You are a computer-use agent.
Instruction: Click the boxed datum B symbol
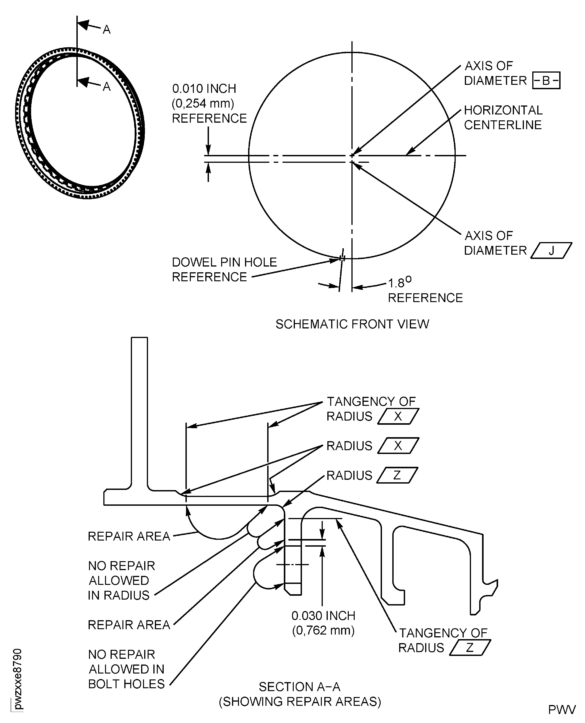[x=546, y=81]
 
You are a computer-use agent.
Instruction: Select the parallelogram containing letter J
[x=551, y=251]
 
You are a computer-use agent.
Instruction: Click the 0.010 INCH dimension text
[x=204, y=89]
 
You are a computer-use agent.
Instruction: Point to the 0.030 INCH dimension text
[x=323, y=616]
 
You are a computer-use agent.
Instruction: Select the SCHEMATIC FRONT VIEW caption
[x=352, y=324]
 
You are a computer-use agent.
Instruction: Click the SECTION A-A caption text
[x=300, y=687]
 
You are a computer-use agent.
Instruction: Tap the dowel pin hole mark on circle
[x=342, y=259]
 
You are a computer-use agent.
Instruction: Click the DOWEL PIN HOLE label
[x=224, y=262]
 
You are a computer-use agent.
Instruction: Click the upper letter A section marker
[x=107, y=30]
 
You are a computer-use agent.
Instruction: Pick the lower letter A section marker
[x=107, y=87]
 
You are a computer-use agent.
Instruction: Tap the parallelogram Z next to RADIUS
[x=397, y=475]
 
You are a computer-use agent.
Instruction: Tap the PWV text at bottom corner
[x=561, y=709]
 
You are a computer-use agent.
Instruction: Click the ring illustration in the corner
[x=80, y=123]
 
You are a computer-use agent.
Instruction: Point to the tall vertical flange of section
[x=139, y=411]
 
